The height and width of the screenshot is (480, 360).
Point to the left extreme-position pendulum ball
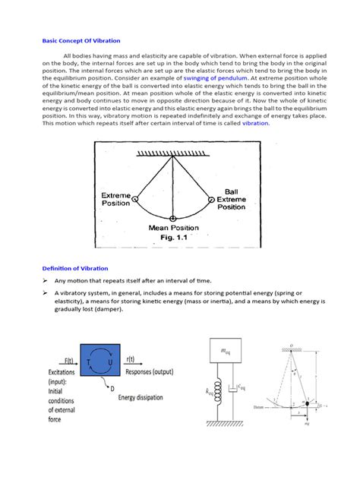click(135, 199)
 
